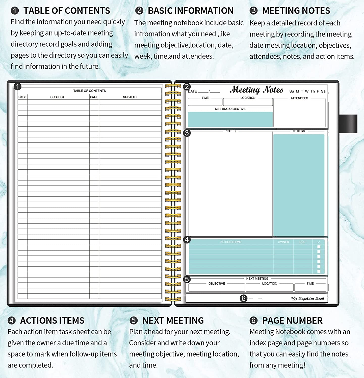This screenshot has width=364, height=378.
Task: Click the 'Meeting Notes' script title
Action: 256,90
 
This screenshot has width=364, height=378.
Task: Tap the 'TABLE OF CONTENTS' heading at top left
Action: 67,11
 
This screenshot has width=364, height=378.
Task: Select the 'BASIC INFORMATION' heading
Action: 191,11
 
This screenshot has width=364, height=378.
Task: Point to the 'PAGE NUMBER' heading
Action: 292,321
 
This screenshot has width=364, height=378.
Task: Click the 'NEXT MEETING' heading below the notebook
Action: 173,321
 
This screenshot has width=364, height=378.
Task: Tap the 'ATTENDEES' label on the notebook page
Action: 299,98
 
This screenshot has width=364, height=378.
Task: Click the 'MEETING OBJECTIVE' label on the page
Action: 230,109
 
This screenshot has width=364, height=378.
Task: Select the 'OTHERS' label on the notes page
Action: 299,131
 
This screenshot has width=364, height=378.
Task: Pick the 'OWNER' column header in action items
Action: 283,242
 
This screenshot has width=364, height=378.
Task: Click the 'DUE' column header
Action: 302,242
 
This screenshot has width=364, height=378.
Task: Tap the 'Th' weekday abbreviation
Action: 313,91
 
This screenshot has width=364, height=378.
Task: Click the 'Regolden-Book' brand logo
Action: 308,299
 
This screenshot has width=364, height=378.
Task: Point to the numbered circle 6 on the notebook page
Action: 243,298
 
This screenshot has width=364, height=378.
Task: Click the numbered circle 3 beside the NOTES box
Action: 187,133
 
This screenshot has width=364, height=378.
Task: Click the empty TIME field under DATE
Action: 205,102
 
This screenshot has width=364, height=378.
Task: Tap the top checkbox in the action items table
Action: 319,247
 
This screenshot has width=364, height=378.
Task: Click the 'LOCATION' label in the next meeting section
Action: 270,283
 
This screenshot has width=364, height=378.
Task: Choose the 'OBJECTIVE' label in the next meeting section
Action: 217,283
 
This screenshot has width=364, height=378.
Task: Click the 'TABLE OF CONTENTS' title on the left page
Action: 90,91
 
